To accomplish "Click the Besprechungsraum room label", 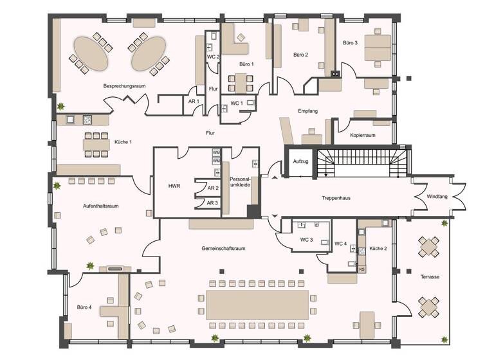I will [121, 85].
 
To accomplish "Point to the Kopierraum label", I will [362, 136].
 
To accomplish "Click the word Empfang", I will [307, 111].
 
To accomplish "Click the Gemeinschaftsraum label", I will [223, 248].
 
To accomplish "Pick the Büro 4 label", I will [84, 307].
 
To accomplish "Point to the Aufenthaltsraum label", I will [101, 206].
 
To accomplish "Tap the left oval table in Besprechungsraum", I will [89, 53].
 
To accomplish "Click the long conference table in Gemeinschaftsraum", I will [257, 303].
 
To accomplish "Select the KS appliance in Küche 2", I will [362, 269].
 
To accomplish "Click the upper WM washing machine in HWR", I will [217, 152].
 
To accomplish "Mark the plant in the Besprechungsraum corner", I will [61, 106].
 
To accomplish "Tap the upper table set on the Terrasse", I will [429, 246].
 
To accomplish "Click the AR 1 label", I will [194, 102].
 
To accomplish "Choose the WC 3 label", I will [306, 240].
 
